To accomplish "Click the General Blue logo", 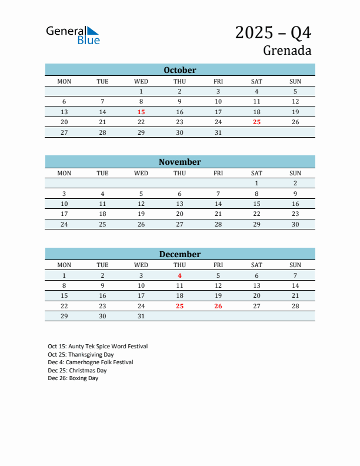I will (73, 35).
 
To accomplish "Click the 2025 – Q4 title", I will (273, 32).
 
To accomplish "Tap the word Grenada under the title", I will (287, 51).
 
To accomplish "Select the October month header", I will (179, 70).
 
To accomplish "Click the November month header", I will (179, 162).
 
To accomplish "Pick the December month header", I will (179, 254).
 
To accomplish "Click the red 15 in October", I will (141, 112).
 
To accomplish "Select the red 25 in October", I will (256, 122).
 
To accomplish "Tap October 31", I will (218, 132).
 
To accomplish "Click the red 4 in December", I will (179, 275).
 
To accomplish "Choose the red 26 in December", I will (218, 306).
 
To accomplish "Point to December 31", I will (141, 316).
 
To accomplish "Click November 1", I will (256, 183).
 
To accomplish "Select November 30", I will (295, 224).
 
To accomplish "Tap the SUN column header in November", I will (295, 173).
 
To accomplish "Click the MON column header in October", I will (64, 81).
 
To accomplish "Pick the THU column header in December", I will (179, 265).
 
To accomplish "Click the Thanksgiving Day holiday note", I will (81, 355).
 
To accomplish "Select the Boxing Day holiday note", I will (73, 378).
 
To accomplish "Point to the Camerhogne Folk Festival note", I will (91, 362).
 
